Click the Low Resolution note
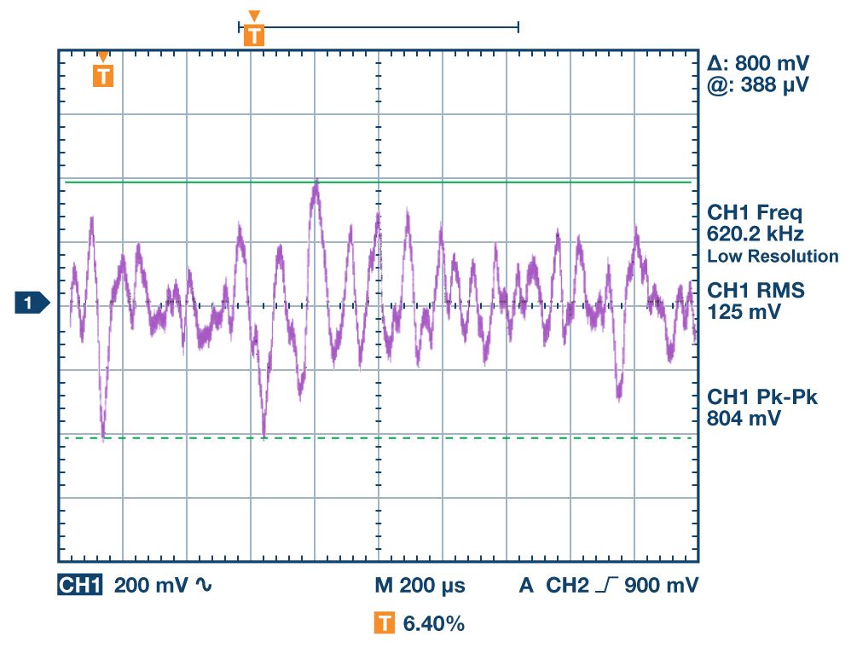coord(773,257)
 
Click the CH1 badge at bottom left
coord(80,586)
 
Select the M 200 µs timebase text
coord(420,586)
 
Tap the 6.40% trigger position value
coord(433,624)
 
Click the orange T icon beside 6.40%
coord(385,624)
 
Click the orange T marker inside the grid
coord(103,75)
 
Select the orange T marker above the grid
coord(254,33)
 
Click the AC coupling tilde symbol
coord(204,586)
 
